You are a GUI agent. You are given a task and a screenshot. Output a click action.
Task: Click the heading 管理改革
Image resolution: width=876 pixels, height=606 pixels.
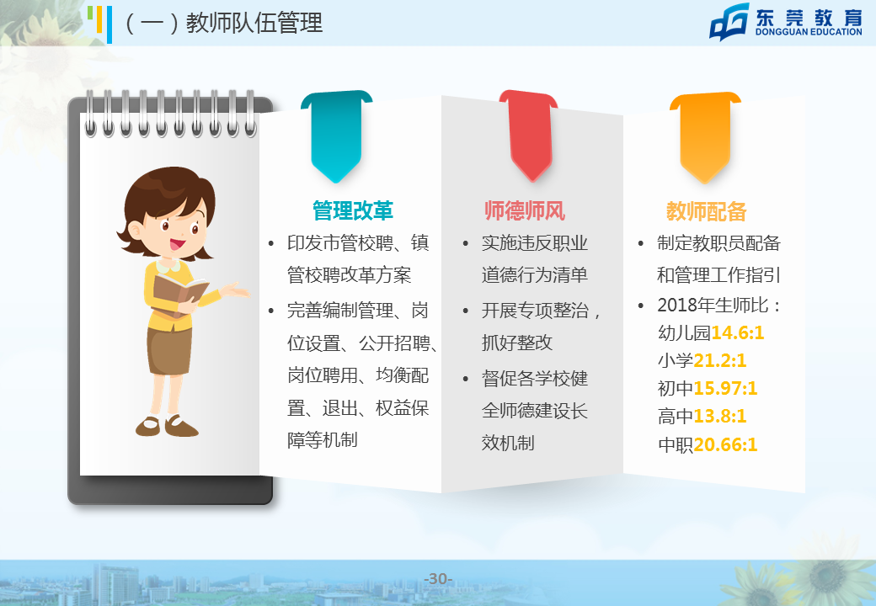point(353,210)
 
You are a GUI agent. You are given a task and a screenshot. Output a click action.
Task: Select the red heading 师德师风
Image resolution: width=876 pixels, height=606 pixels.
point(525,210)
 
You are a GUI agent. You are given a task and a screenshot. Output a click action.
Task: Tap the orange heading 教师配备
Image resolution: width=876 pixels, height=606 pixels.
point(706,211)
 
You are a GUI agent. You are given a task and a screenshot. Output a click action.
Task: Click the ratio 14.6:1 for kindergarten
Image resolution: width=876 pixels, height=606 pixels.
point(738,332)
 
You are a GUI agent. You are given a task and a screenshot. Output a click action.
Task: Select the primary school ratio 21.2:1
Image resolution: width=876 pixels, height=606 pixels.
point(719,360)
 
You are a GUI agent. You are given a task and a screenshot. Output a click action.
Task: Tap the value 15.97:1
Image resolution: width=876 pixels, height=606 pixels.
point(725,388)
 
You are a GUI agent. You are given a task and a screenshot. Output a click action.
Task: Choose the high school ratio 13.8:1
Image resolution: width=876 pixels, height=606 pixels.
point(719,417)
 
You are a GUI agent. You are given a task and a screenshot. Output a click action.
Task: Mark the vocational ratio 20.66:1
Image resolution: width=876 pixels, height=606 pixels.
point(725,444)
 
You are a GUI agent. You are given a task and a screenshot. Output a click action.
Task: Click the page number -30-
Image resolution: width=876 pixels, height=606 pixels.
point(438,579)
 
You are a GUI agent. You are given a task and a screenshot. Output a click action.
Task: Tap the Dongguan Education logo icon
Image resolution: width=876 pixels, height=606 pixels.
point(729,23)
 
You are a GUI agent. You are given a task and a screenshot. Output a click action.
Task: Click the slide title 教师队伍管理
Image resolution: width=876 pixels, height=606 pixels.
point(254,23)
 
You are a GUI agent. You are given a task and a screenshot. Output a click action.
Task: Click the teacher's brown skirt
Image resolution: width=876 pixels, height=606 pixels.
point(169,350)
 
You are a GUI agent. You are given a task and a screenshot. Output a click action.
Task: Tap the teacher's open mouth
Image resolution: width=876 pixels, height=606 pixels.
point(178,244)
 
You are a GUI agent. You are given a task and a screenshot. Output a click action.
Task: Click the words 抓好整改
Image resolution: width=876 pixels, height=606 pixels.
point(517,343)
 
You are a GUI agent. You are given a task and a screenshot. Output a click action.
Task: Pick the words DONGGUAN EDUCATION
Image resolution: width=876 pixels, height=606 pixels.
point(809,32)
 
